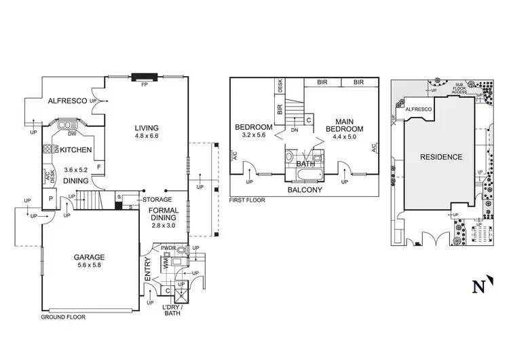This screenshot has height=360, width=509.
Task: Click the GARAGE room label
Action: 90,257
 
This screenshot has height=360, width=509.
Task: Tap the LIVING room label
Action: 146,127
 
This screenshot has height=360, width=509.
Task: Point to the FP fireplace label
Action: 144,86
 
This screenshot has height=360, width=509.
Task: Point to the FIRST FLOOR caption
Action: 247,201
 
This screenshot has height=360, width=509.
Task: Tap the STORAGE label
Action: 157,200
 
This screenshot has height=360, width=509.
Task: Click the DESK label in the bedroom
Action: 280,86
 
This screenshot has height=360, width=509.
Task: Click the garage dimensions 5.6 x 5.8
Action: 90,266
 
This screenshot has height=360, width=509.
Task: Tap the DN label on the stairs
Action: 294,130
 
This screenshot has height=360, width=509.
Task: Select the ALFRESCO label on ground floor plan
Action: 67,101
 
